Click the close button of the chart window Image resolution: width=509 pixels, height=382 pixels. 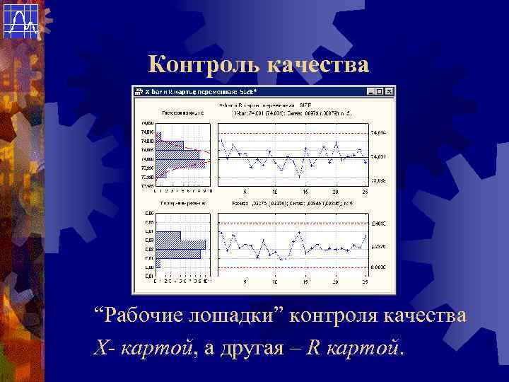389,91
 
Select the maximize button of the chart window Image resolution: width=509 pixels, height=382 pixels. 380,91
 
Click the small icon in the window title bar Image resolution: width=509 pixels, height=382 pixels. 139,91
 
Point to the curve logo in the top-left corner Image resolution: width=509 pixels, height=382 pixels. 21,21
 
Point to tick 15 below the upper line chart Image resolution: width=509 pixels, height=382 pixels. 305,192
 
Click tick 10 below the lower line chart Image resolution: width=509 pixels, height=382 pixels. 274,281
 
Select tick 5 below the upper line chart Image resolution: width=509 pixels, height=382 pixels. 245,192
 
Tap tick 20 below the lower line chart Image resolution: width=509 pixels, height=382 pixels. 335,281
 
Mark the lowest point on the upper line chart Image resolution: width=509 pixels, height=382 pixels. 299,175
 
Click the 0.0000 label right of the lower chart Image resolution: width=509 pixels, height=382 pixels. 379,267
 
